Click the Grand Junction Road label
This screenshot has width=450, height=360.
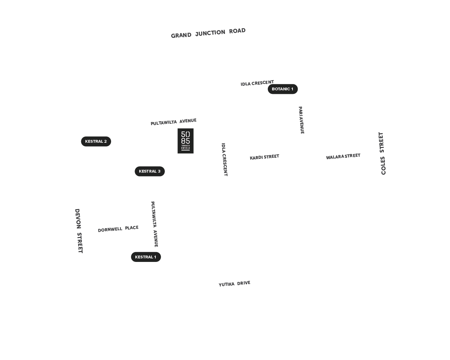pos(208,33)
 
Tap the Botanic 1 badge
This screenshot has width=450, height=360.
pos(283,89)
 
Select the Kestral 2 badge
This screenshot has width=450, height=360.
pos(96,141)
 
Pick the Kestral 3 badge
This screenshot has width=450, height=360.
pos(150,171)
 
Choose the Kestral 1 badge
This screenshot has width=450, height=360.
pos(146,257)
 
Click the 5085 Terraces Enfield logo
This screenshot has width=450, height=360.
pos(186,141)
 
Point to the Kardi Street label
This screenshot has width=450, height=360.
pos(264,157)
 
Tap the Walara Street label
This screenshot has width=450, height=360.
pos(343,156)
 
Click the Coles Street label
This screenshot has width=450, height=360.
pos(382,153)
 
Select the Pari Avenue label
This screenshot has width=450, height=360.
pos(301,120)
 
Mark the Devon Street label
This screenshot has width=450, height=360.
pos(79,231)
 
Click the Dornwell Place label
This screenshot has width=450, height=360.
pos(118,229)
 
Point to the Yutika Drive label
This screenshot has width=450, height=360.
pos(234,284)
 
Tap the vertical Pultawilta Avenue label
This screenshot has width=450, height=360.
pos(154,224)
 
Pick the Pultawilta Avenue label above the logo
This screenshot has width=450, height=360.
pos(174,122)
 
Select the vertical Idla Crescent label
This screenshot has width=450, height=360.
pos(224,160)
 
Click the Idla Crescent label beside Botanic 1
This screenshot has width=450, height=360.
pos(257,83)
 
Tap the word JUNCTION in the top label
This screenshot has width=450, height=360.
pos(210,33)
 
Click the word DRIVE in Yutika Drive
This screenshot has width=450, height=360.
pos(244,283)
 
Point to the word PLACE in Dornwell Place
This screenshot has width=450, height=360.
pos(132,228)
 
